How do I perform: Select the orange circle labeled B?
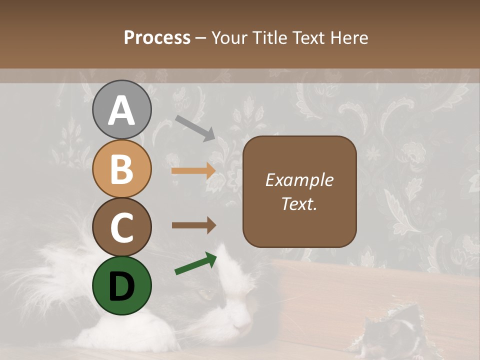click(x=122, y=168)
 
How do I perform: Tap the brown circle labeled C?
click(x=122, y=227)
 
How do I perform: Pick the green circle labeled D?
click(x=122, y=285)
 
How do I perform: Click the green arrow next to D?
click(x=195, y=263)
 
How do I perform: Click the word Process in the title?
click(x=157, y=37)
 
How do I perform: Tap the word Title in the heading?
click(x=268, y=37)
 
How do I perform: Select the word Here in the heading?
click(x=348, y=37)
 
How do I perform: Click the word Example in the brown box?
click(x=299, y=180)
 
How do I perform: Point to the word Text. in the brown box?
click(x=299, y=203)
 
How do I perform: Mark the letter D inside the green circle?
click(x=122, y=286)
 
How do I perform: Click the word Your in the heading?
click(x=229, y=37)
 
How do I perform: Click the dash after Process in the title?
click(x=201, y=38)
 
